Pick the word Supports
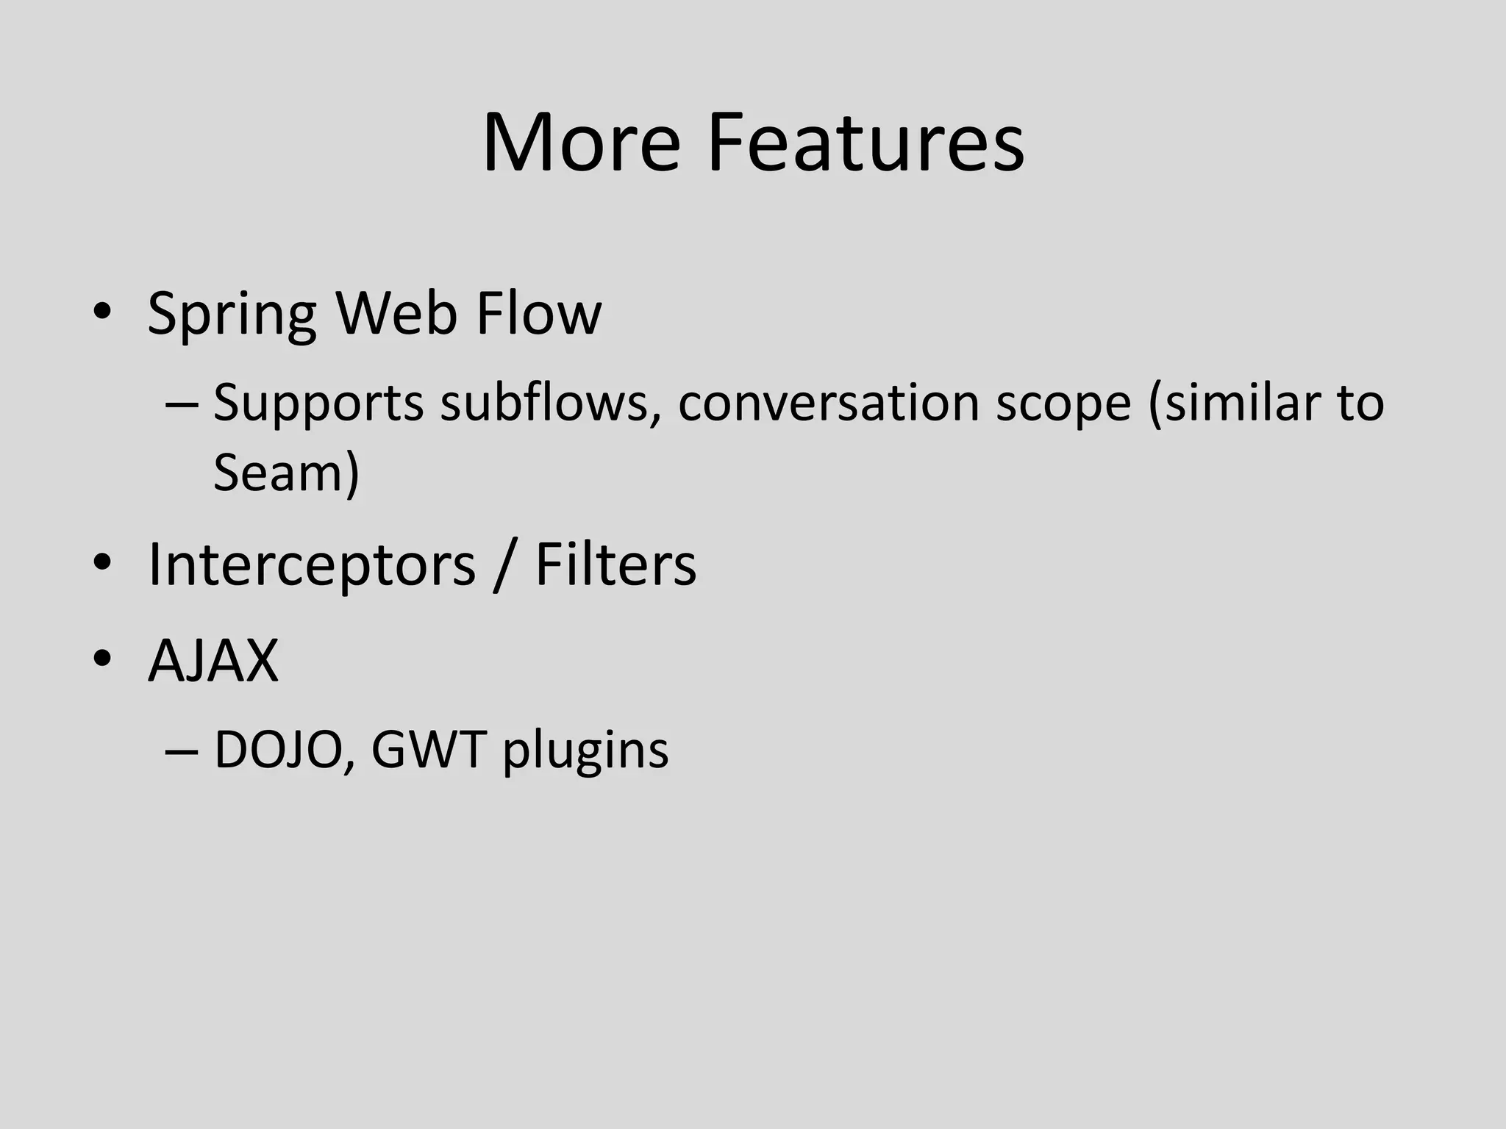click(318, 404)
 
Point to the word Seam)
click(286, 472)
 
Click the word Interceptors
click(312, 565)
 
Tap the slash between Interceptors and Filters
click(504, 565)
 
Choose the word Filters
click(615, 564)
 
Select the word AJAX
click(213, 659)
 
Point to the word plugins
click(585, 752)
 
